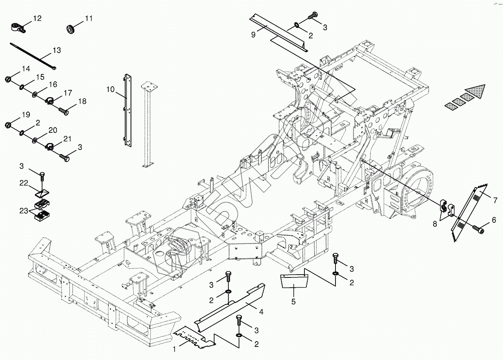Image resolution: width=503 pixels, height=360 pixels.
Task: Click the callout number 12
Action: [x=37, y=18]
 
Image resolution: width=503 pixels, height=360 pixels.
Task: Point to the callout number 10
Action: [x=110, y=89]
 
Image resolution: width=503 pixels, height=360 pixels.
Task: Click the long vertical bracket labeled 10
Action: [x=127, y=110]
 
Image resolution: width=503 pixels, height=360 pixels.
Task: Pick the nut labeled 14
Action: [x=9, y=78]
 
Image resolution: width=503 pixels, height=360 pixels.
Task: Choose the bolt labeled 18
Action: [x=63, y=110]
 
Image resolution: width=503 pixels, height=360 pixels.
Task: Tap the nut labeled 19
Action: [x=9, y=125]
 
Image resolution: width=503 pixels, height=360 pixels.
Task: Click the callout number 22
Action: [x=24, y=184]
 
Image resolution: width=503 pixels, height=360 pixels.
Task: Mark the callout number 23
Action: [x=24, y=211]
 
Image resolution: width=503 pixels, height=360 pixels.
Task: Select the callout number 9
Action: [x=253, y=34]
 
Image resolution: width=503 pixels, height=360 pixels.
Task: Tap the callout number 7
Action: [x=495, y=200]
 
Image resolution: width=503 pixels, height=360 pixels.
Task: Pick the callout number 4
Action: [x=261, y=312]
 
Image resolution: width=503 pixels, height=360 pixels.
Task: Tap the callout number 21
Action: [x=67, y=140]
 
